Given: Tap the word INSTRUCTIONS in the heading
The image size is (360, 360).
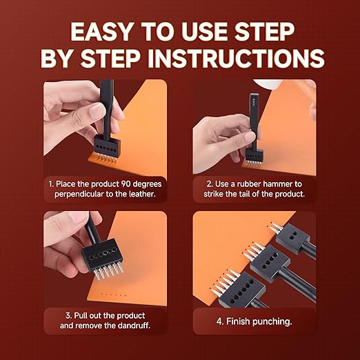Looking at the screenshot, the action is (237, 58).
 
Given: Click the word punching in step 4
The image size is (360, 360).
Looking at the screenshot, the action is (272, 321).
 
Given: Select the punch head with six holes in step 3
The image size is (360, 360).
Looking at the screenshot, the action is (101, 253).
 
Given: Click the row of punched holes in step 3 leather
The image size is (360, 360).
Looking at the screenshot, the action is (112, 294).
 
